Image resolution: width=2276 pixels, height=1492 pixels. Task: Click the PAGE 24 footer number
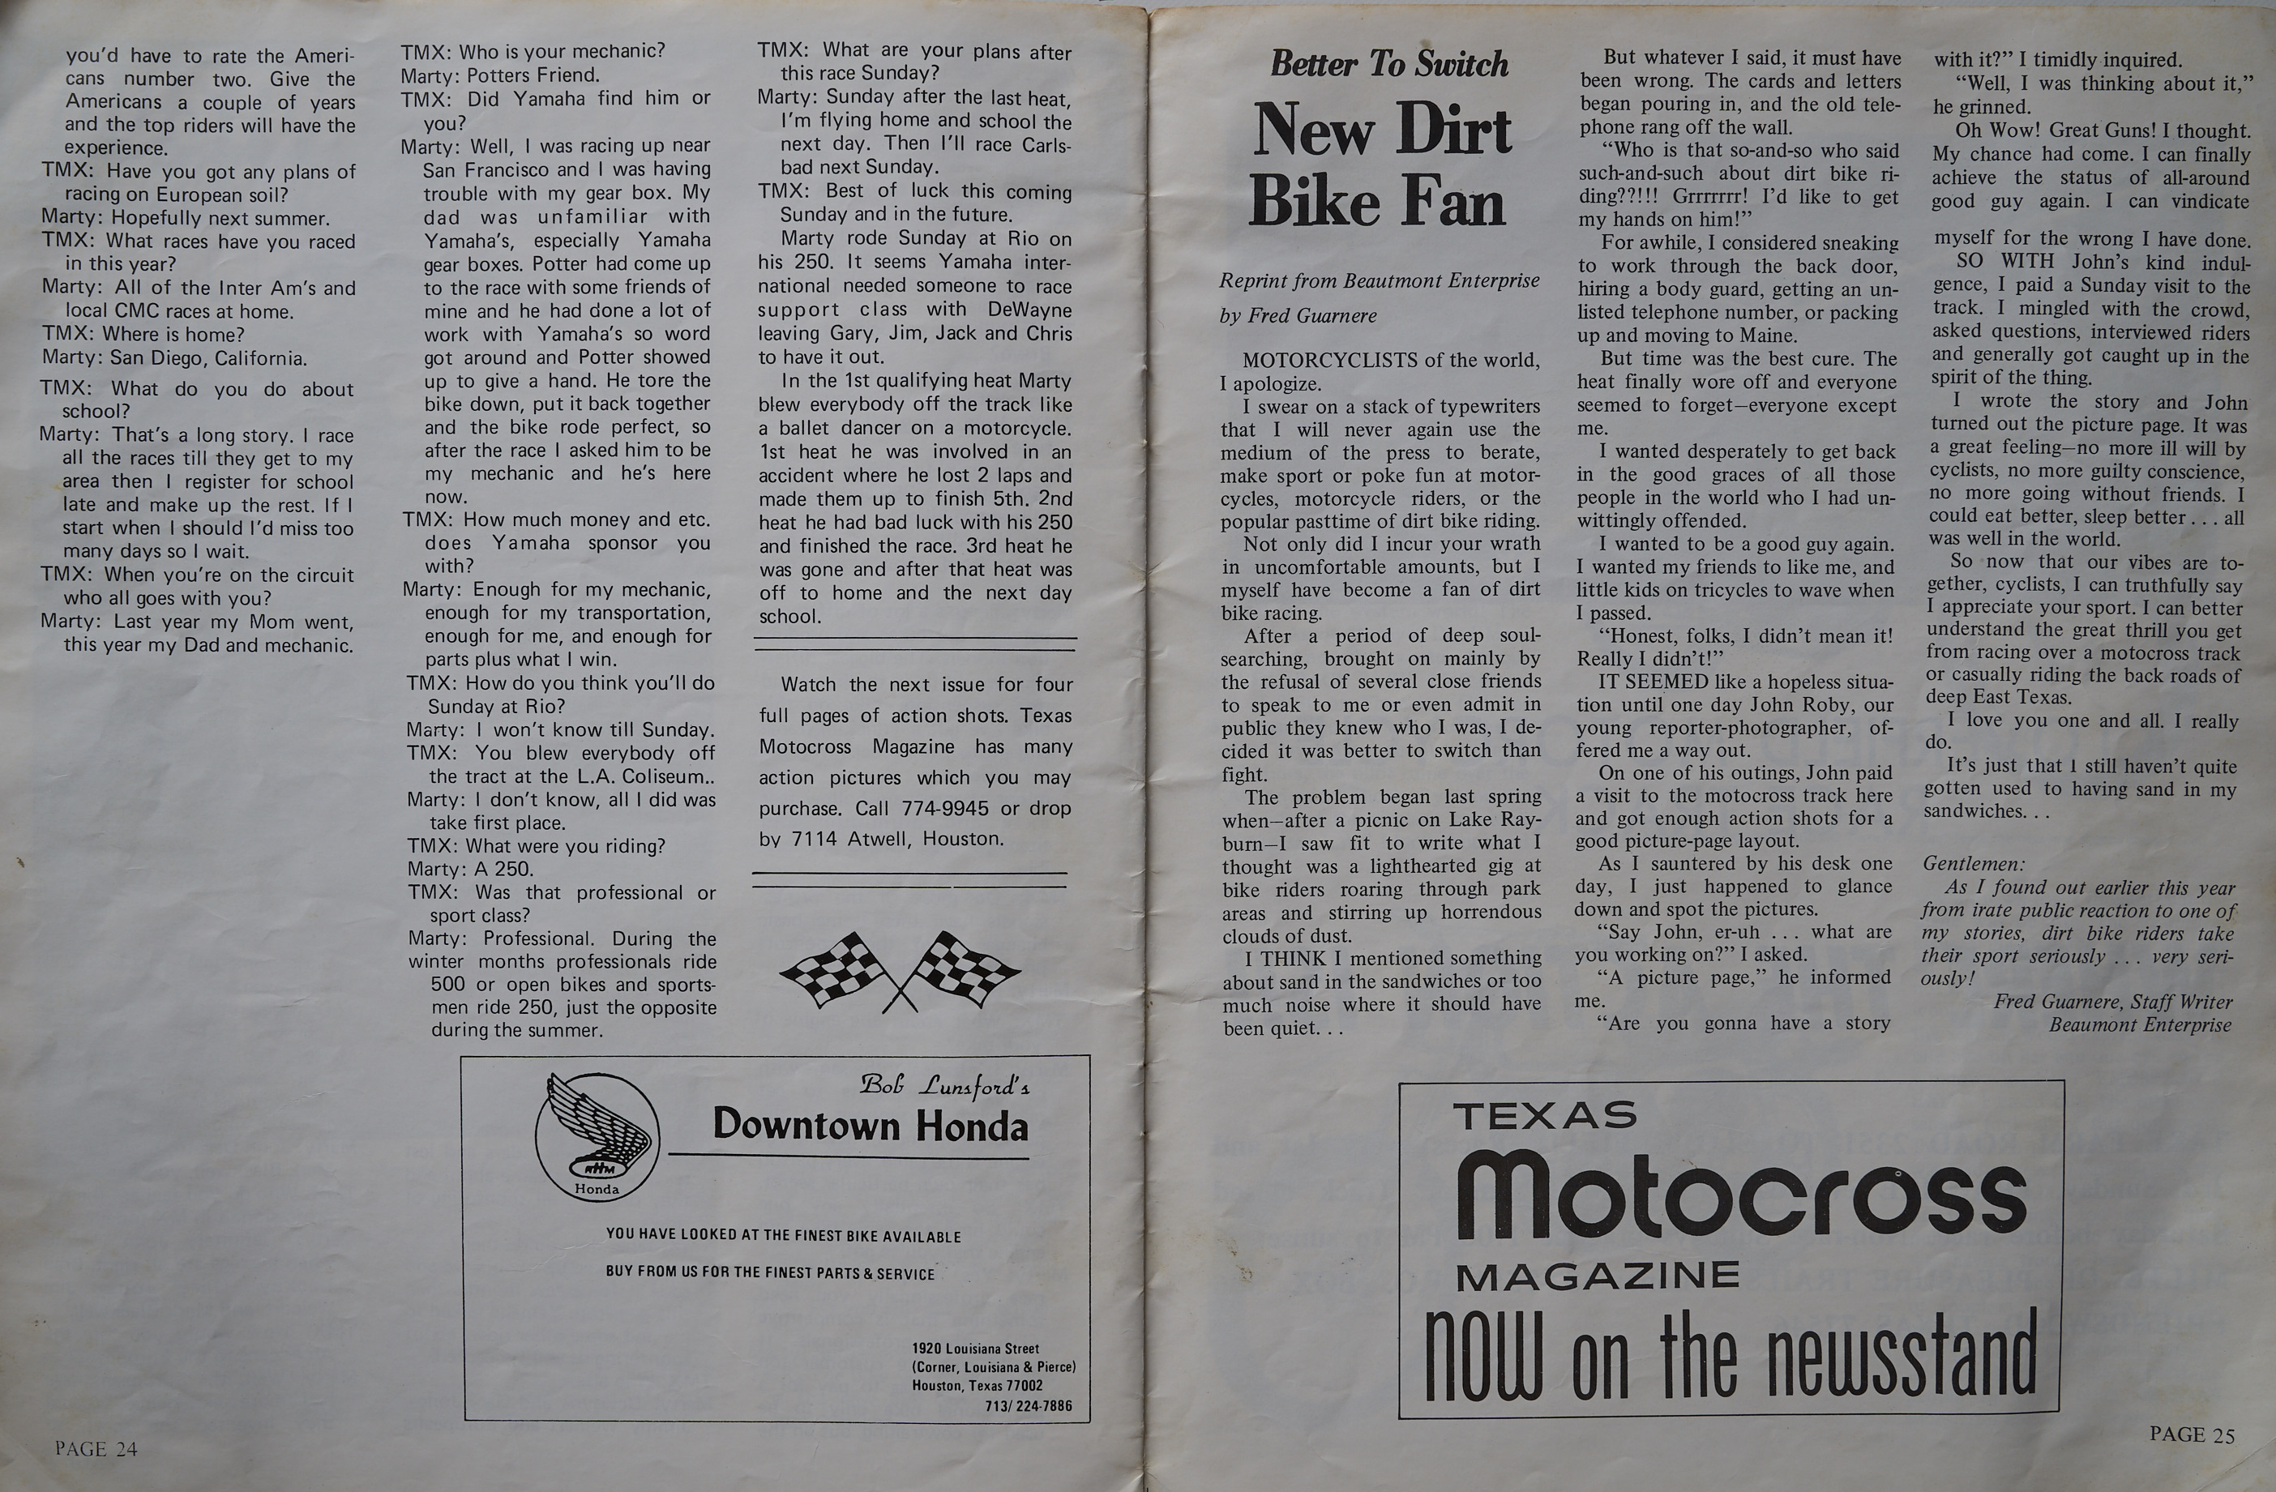pyautogui.click(x=96, y=1449)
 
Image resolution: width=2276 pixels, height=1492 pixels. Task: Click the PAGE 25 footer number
pyautogui.click(x=2192, y=1434)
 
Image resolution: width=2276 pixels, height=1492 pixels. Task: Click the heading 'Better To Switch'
pyautogui.click(x=1388, y=64)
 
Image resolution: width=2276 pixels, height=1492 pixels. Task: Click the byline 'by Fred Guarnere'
pyautogui.click(x=1298, y=315)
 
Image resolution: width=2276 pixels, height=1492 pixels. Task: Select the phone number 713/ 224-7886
pyautogui.click(x=1028, y=1406)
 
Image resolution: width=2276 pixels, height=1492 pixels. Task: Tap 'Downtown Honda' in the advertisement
pyautogui.click(x=871, y=1126)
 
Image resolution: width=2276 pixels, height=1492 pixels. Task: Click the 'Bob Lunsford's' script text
pyautogui.click(x=943, y=1085)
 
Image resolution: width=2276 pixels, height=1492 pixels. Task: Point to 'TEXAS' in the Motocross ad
pyautogui.click(x=1544, y=1116)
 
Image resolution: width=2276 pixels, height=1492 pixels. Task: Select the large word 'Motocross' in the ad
pyautogui.click(x=1740, y=1195)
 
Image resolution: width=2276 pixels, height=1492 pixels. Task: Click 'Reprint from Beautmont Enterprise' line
pyautogui.click(x=1379, y=280)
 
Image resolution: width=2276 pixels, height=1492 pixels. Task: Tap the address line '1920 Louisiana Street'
pyautogui.click(x=974, y=1349)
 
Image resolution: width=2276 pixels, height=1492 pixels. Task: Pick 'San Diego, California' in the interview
pyautogui.click(x=207, y=359)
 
